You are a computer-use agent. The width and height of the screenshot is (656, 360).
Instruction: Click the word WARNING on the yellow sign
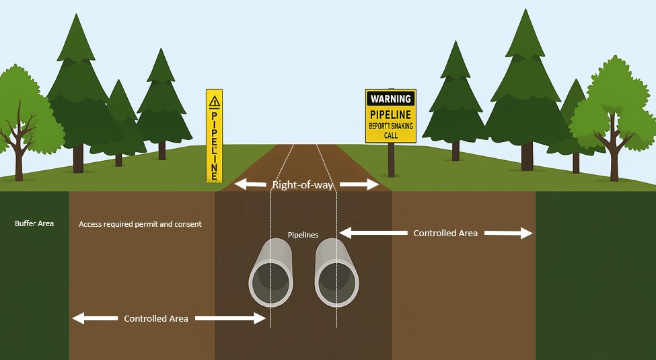pos(390,99)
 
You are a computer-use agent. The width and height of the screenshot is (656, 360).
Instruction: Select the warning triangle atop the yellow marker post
pos(214,102)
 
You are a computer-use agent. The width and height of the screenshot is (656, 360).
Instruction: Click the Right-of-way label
pos(303,184)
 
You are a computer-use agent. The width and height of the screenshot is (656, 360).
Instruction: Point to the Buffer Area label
pos(34,223)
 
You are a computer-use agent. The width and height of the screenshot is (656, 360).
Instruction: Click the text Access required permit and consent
pos(140,224)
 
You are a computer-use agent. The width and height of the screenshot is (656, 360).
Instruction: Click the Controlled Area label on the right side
pos(445,233)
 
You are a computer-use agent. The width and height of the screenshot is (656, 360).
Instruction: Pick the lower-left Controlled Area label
pos(155,318)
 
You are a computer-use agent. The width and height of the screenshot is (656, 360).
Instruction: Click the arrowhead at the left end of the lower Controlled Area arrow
pos(79,318)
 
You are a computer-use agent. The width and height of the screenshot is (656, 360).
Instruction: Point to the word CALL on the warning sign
pos(390,135)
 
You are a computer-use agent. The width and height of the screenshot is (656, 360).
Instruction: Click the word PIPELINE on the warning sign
pos(390,114)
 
